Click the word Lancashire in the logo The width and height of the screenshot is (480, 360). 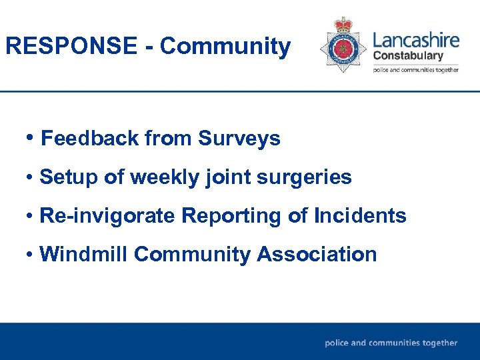[416, 39]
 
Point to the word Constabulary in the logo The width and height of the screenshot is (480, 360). [407, 56]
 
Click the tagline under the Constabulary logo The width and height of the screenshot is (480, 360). [415, 70]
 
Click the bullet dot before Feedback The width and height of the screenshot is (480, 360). [31, 138]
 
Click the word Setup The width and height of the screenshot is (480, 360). [67, 177]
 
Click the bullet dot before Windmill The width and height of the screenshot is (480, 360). [31, 255]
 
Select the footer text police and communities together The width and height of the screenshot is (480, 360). [391, 343]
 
